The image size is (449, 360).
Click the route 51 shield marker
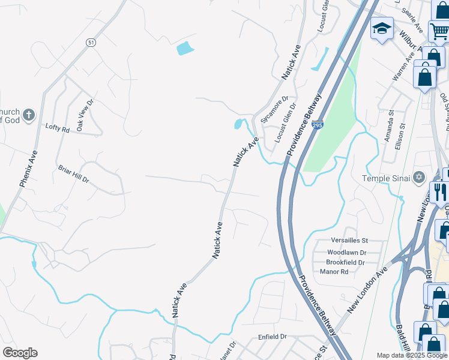coord(91,42)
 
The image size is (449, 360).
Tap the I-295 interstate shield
coord(318,125)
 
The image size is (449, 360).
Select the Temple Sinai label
coord(385,178)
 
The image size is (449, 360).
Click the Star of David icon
coord(419,177)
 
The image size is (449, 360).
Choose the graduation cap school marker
coord(382,28)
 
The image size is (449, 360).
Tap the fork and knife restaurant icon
coord(440,191)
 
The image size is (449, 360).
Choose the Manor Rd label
coord(334,272)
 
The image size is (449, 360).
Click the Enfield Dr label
coord(273,338)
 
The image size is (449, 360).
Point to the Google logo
coord(19,353)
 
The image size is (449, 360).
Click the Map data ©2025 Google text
coord(411,355)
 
